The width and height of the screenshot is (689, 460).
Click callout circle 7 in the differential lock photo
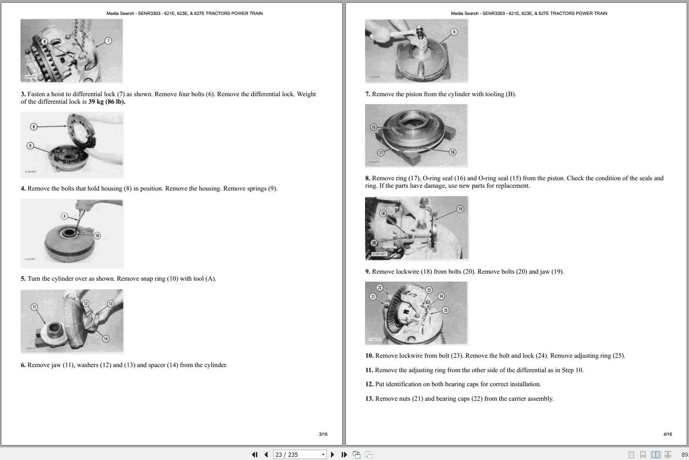tap(108, 41)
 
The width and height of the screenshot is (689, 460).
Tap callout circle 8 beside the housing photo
tap(34, 127)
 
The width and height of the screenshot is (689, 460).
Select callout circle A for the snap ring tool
tap(64, 216)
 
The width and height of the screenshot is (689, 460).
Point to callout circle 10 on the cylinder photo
tap(97, 236)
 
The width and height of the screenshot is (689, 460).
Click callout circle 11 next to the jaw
tap(34, 307)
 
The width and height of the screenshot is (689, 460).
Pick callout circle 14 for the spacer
tap(105, 339)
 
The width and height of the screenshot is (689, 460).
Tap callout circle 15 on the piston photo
tap(373, 127)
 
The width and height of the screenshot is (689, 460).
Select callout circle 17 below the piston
tap(381, 153)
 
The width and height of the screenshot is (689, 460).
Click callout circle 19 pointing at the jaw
tap(460, 209)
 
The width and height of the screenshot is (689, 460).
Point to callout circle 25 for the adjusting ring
tap(446, 310)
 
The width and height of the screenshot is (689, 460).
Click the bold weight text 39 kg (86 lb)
tap(107, 102)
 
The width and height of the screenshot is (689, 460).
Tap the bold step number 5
tap(23, 278)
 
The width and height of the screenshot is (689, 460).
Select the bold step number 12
tap(369, 384)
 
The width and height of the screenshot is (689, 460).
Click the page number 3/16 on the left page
tap(323, 434)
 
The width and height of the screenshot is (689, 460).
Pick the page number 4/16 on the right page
tap(668, 434)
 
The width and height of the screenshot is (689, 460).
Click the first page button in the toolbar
tap(255, 454)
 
